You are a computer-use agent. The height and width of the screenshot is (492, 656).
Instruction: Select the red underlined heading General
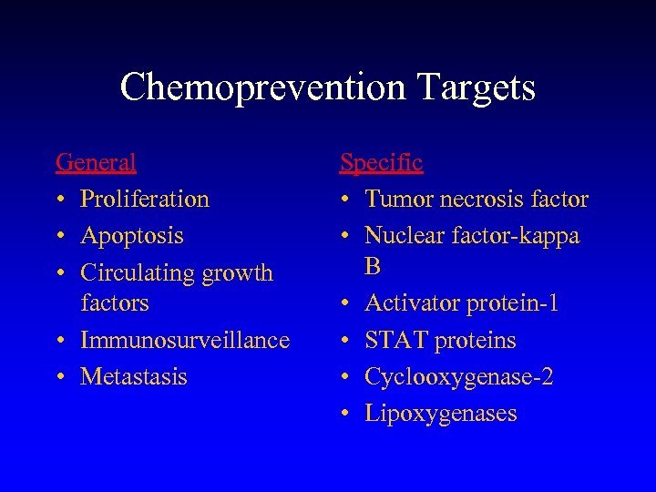tap(96, 162)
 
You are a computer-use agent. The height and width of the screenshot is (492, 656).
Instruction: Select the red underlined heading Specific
tap(381, 162)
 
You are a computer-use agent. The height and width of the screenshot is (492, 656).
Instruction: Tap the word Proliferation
tap(145, 199)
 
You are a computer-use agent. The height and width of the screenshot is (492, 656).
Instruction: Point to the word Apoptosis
tap(132, 235)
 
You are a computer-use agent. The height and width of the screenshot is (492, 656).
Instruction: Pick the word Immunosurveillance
tap(185, 340)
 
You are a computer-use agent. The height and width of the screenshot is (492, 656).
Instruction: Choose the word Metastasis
tap(134, 376)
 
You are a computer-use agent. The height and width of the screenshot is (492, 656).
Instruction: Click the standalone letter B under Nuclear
tap(373, 265)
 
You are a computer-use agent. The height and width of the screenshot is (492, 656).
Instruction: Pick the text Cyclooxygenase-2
tap(458, 376)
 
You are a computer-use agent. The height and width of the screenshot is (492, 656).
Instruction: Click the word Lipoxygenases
tap(440, 413)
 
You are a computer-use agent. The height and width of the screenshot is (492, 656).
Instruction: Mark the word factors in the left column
tap(114, 302)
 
